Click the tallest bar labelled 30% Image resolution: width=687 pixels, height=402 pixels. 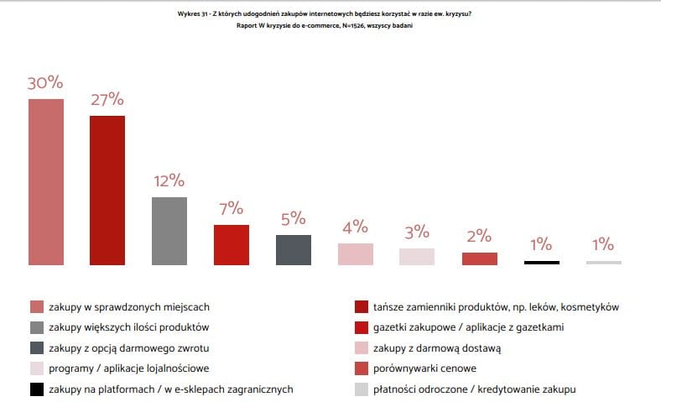(x=46, y=182)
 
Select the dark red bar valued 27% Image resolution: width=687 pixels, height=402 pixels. (x=107, y=191)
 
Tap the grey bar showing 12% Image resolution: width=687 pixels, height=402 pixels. (x=169, y=231)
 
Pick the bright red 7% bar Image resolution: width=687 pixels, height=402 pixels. (x=231, y=245)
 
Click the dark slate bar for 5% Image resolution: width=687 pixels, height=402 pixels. (x=294, y=250)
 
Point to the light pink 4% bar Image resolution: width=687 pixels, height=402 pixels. (x=355, y=254)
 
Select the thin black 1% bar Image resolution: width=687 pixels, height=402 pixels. (x=541, y=263)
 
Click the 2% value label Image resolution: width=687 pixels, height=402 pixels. (x=479, y=236)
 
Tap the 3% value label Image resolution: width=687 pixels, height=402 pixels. (x=417, y=232)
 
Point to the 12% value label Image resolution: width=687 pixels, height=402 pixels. (x=169, y=180)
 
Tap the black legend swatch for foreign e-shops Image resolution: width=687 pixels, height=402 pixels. (x=36, y=389)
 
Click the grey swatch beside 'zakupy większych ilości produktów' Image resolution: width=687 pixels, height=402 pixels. (x=36, y=327)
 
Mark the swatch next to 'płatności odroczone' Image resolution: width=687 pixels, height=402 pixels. (x=362, y=389)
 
